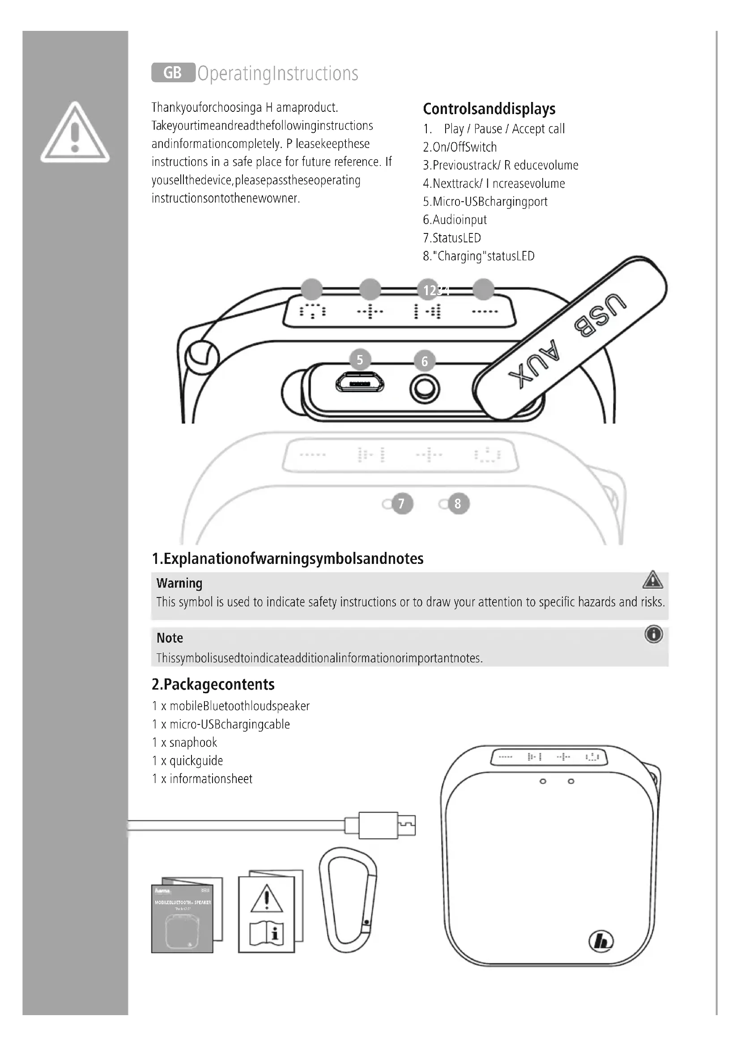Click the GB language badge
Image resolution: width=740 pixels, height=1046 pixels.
click(173, 73)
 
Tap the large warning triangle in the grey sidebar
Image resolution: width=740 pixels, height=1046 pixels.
click(75, 133)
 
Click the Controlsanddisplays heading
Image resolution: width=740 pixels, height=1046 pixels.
click(489, 109)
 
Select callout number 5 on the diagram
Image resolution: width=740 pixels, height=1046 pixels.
click(360, 360)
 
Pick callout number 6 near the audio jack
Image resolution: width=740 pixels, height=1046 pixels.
click(425, 361)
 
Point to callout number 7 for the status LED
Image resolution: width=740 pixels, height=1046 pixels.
click(401, 504)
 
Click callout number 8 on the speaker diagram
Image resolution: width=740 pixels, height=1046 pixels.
click(458, 504)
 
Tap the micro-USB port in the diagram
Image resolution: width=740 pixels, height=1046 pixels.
click(360, 383)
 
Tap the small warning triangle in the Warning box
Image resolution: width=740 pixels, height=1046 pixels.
click(652, 580)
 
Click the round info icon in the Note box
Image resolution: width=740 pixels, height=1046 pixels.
click(653, 634)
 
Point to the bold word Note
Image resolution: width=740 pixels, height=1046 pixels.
click(170, 638)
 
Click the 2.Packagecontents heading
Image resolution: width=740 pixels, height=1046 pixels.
click(213, 684)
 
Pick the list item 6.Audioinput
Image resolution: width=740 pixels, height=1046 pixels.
click(455, 220)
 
